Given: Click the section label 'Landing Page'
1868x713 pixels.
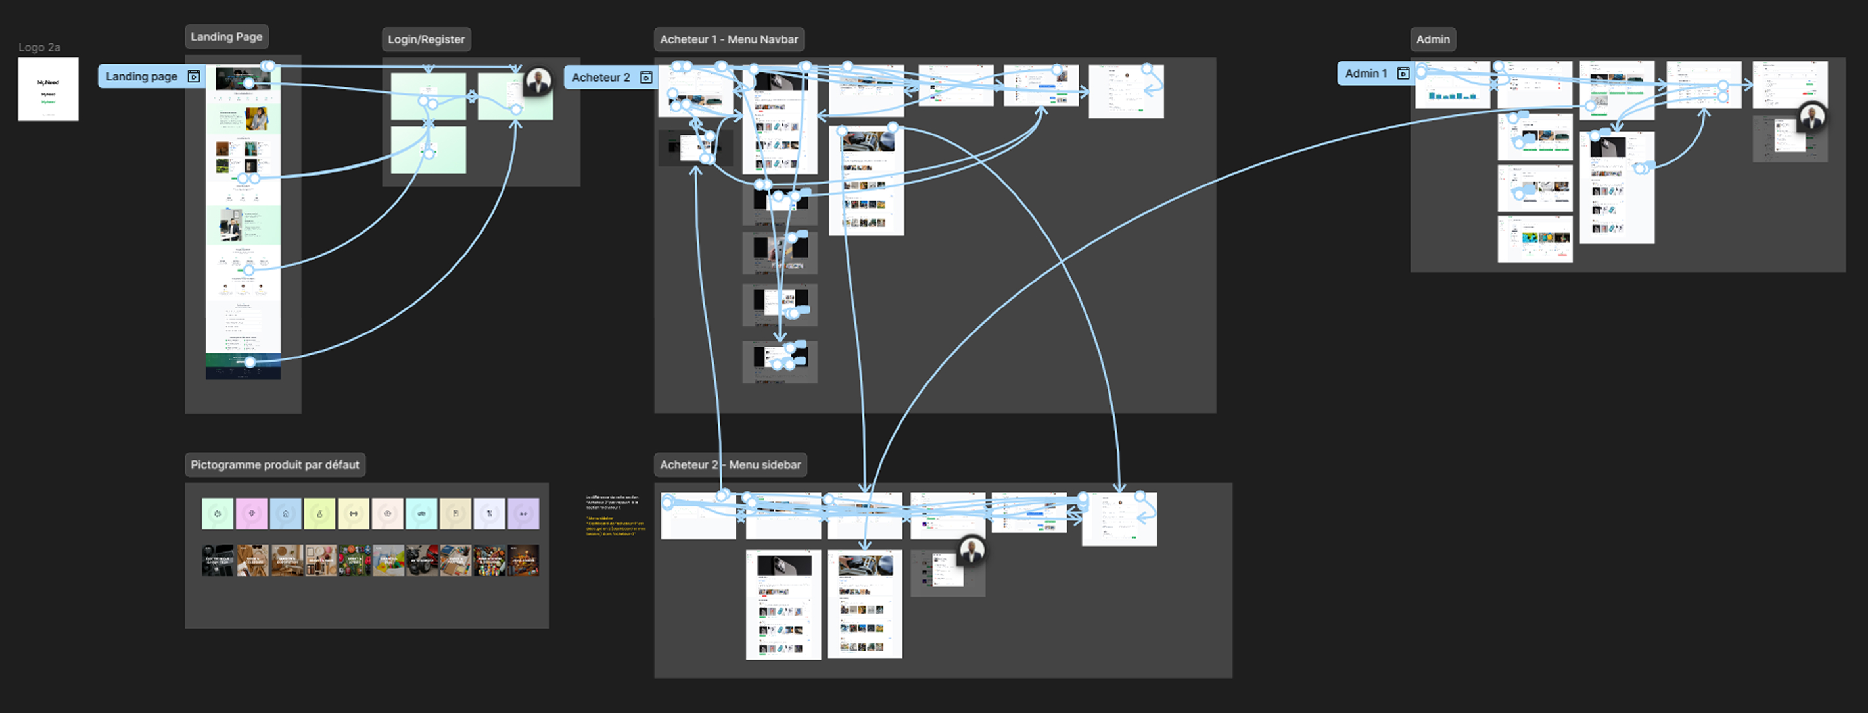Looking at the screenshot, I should coord(226,37).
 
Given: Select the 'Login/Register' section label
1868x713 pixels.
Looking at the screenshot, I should coord(426,40).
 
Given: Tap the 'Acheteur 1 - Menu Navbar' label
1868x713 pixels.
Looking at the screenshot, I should coord(728,40).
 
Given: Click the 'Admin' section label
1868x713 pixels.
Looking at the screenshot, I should coord(1432,40).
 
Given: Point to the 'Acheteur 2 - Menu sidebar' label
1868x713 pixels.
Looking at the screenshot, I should coord(730,465).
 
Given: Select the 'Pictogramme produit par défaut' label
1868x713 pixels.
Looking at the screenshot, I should coord(275,465).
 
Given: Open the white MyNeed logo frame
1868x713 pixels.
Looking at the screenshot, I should coord(48,89).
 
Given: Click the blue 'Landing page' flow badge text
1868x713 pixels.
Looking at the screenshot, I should coord(141,77).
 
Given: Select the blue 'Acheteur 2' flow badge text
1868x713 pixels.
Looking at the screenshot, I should coord(601,78).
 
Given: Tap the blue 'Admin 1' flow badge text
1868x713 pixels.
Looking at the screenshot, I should coord(1365,73).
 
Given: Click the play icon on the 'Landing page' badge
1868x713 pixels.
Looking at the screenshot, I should coord(194,77).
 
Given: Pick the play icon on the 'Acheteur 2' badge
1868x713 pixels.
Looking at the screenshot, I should coord(646,78).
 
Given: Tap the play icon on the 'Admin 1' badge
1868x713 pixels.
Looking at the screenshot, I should coord(1403,73).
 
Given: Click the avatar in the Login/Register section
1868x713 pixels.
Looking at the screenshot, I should coord(538,82).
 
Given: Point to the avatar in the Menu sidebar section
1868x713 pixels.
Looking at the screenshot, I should coord(971,551).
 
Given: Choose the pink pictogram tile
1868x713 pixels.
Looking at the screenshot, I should coord(252,514).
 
